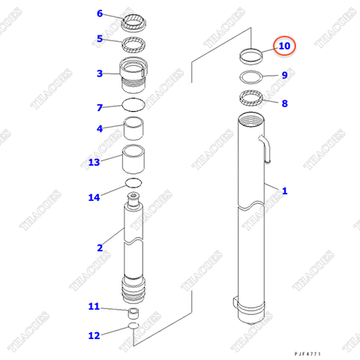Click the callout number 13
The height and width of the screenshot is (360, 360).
94,162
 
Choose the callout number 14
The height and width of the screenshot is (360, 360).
94,198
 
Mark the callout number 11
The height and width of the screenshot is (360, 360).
94,306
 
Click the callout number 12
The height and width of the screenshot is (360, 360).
94,334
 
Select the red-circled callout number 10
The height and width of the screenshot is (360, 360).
283,46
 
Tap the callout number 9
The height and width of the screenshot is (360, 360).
284,75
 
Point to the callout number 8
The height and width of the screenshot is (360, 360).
284,103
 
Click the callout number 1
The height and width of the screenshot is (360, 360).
284,191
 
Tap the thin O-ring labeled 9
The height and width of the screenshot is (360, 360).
251,77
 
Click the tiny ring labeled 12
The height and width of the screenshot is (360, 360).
133,327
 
